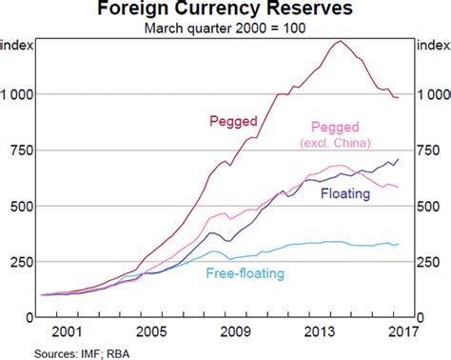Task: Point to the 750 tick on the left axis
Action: (23, 150)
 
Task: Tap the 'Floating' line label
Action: (347, 193)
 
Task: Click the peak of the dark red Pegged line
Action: (340, 41)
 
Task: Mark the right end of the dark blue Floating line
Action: (398, 159)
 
